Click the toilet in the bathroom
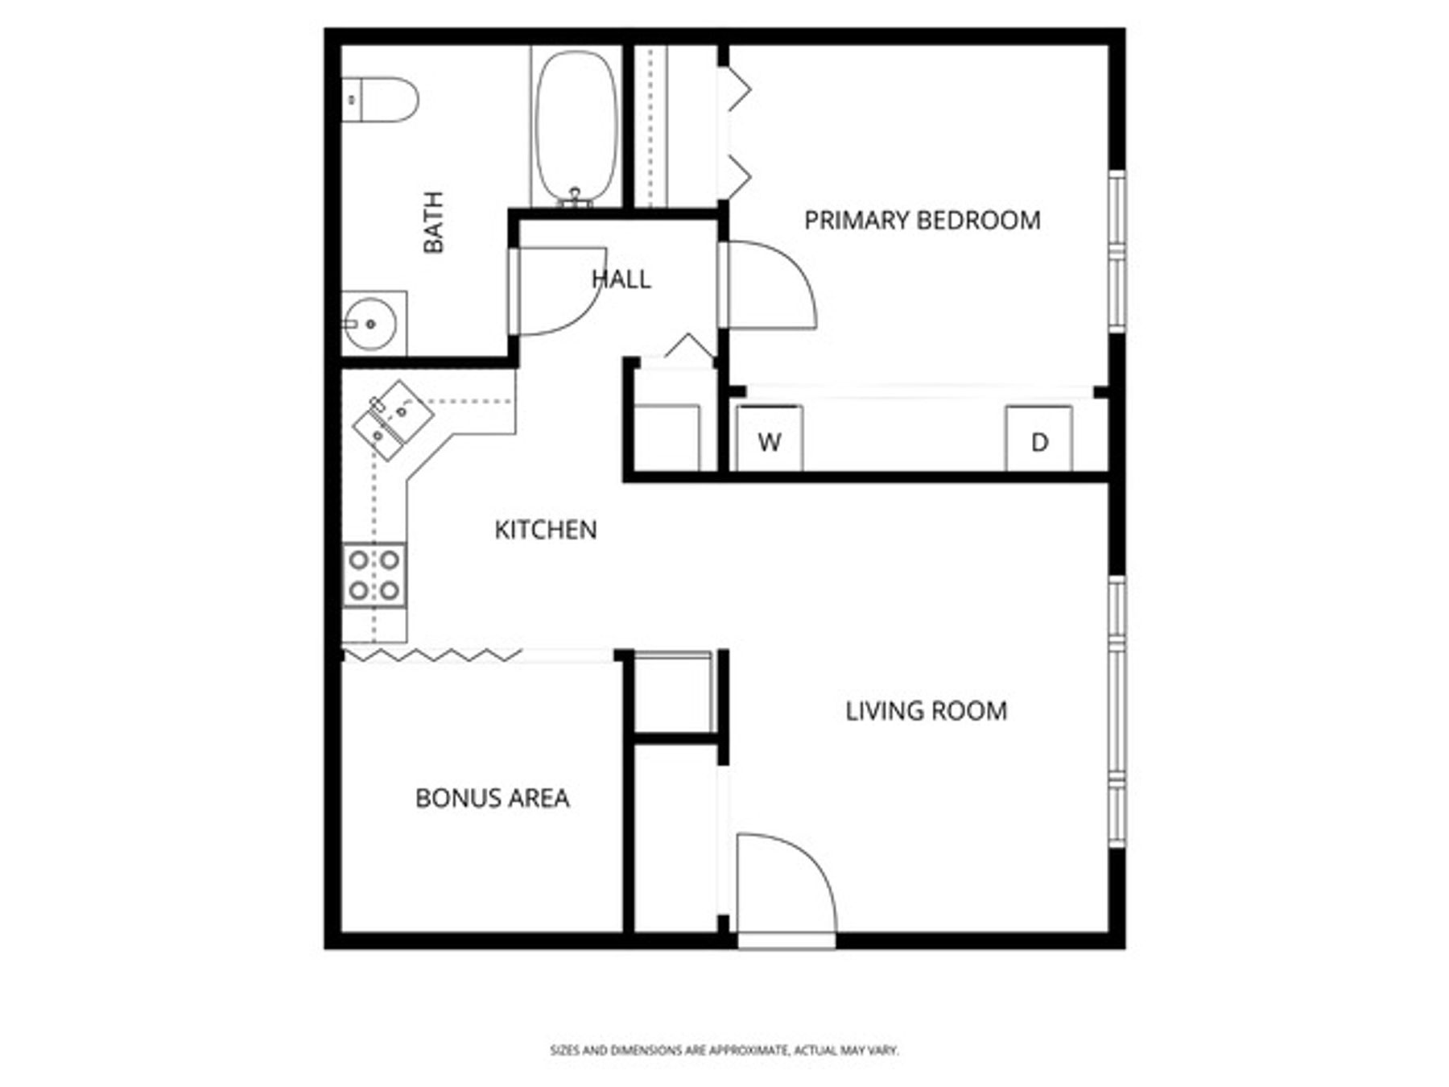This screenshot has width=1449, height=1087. click(x=380, y=100)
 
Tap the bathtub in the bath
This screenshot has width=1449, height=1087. click(x=576, y=126)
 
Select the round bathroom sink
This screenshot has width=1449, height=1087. click(x=369, y=324)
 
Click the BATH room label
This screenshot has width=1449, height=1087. click(x=434, y=222)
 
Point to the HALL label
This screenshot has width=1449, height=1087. click(x=621, y=279)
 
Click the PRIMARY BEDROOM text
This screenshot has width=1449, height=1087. click(x=922, y=220)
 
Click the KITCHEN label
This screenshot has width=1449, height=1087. click(x=545, y=530)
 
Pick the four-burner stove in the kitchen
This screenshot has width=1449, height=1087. click(x=374, y=575)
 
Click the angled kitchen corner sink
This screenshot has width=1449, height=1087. click(x=393, y=420)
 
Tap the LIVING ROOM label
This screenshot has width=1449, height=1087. click(x=926, y=711)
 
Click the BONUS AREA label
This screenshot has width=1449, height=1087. click(x=492, y=798)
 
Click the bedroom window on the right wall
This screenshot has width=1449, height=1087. click(x=1117, y=251)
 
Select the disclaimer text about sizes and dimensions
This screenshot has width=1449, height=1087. click(x=724, y=1050)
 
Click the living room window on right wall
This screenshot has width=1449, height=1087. click(x=1117, y=712)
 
